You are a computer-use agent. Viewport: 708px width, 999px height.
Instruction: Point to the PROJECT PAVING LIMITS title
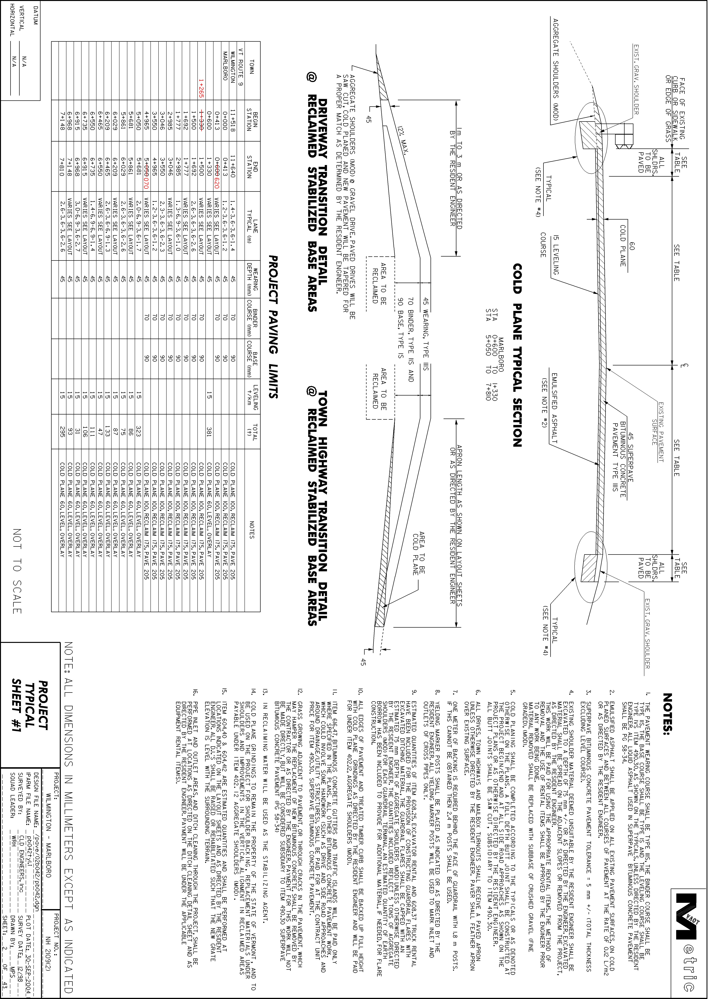coord(272,327)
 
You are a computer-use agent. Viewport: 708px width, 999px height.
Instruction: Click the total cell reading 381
coord(209,432)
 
